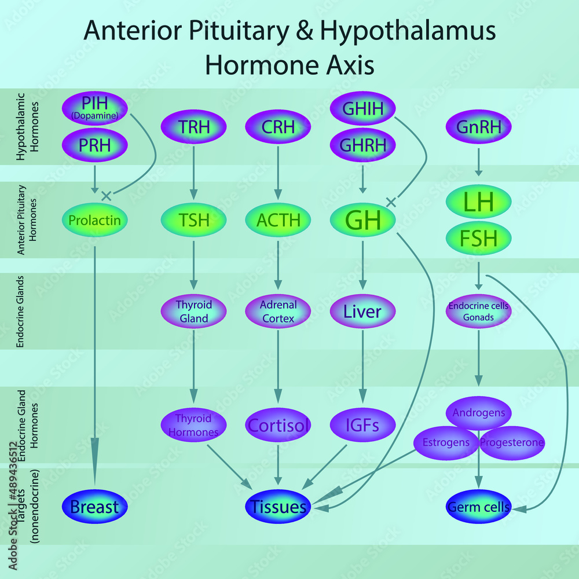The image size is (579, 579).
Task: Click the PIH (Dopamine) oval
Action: click(x=94, y=108)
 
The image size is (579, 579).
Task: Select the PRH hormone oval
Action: click(x=94, y=145)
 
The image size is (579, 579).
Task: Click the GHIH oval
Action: click(x=362, y=108)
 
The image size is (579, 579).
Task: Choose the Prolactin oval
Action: click(x=94, y=220)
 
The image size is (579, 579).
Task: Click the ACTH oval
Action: click(x=278, y=220)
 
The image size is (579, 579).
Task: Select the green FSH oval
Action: click(x=478, y=239)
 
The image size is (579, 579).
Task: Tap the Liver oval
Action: click(x=362, y=312)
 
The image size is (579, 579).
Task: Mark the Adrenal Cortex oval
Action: click(x=278, y=312)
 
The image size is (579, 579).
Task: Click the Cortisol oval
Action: click(x=278, y=426)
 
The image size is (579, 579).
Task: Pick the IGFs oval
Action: click(x=362, y=426)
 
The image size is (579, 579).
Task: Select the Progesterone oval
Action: click(x=512, y=444)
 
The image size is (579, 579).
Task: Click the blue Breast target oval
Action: click(x=94, y=507)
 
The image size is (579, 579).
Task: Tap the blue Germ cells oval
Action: click(x=478, y=507)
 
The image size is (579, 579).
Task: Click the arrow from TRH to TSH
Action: click(x=193, y=174)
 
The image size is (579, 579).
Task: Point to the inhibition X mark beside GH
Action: click(x=391, y=202)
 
